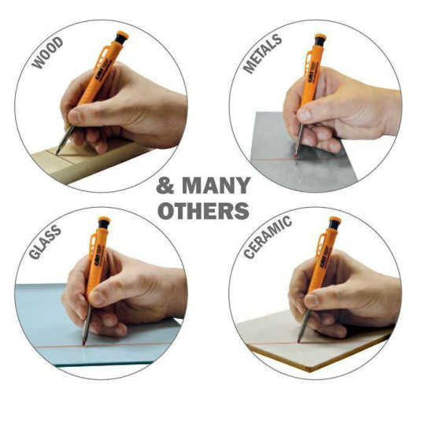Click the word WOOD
tap(47, 53)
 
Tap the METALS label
tap(262, 54)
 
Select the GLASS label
tap(45, 242)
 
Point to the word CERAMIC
tap(268, 237)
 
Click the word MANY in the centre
tap(216, 186)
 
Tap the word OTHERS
tap(203, 211)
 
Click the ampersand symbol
tap(165, 186)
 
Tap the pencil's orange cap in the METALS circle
tap(320, 36)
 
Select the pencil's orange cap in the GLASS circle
tap(105, 220)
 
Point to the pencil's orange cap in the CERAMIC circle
tap(335, 220)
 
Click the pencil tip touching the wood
tap(57, 153)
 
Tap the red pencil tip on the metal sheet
tap(295, 156)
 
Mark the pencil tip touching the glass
tap(83, 344)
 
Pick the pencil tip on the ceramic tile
tap(299, 340)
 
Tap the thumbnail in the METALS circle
tap(304, 115)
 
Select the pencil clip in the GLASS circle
tap(92, 242)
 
